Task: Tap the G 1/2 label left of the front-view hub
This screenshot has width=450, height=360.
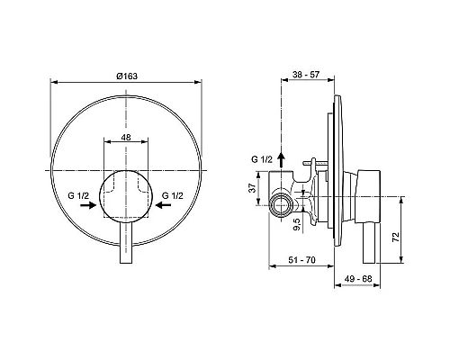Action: coord(77,193)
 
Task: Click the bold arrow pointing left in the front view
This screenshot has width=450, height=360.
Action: coord(163,205)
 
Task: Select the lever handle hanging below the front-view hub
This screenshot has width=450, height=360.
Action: coord(126,247)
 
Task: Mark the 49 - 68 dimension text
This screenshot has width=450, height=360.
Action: coord(358,280)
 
